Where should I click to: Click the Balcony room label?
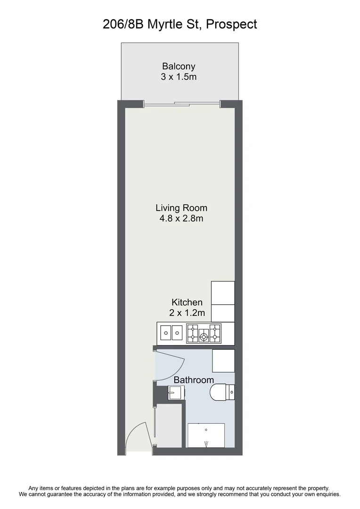click(x=179, y=66)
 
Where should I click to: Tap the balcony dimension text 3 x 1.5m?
click(x=179, y=76)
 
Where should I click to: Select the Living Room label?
click(x=181, y=207)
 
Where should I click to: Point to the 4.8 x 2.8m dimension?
click(x=181, y=218)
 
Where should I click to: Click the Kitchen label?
click(x=187, y=302)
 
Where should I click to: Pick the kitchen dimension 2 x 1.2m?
click(x=187, y=312)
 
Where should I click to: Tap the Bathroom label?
click(x=194, y=380)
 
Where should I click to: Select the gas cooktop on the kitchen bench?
click(x=204, y=333)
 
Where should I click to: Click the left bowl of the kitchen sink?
click(x=165, y=333)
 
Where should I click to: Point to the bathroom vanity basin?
click(x=176, y=392)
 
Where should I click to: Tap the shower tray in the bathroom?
click(x=206, y=435)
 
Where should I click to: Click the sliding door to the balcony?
click(x=181, y=104)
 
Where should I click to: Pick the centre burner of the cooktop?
click(x=204, y=337)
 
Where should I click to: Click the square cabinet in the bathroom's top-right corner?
click(x=223, y=361)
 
